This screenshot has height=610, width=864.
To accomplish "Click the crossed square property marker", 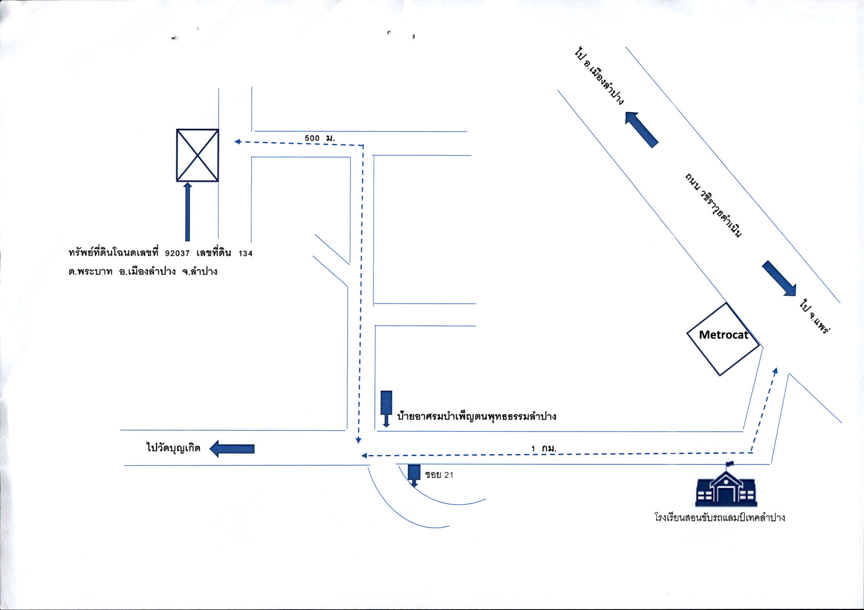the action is [x=197, y=155].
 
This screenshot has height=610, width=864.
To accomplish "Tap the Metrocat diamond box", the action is [x=723, y=339].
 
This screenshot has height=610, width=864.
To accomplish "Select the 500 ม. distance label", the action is [x=319, y=138].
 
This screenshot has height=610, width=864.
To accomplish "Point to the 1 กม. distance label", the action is [x=543, y=448].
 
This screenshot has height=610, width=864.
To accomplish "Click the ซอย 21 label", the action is [x=439, y=475].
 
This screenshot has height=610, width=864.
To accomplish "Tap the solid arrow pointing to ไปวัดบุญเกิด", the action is [x=232, y=449].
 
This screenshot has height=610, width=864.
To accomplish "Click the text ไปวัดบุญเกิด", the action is [x=173, y=448].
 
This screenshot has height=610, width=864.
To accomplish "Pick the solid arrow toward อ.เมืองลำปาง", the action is [x=641, y=129].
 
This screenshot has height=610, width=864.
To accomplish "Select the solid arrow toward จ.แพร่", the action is [x=779, y=278].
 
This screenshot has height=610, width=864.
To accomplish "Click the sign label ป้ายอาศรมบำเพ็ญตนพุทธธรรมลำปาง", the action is [x=477, y=417].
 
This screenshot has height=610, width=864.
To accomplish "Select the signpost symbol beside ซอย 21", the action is [x=414, y=476].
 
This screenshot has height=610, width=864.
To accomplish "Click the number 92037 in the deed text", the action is [x=177, y=253].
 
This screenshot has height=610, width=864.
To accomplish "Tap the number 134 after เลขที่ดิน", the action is [x=245, y=253].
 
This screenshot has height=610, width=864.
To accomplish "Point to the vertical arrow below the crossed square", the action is [x=187, y=212].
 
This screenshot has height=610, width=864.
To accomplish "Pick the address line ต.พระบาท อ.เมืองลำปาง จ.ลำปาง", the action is [x=143, y=271].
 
